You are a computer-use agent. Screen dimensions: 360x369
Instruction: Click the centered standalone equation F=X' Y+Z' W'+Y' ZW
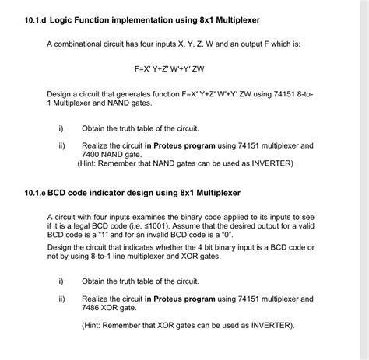click(184, 67)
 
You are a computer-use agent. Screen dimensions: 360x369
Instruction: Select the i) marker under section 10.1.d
click(61, 128)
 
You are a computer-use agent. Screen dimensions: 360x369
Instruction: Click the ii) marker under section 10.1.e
click(61, 299)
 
